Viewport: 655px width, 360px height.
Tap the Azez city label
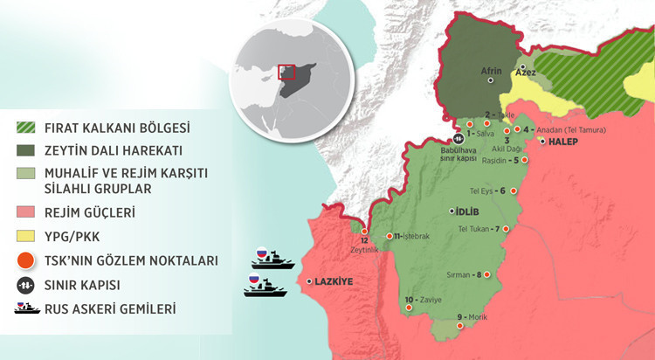tap(526, 73)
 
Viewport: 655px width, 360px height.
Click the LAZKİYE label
tap(334, 281)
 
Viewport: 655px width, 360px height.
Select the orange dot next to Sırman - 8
tap(487, 275)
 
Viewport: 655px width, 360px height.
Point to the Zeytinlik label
tap(364, 250)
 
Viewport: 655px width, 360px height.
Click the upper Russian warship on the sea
tap(270, 258)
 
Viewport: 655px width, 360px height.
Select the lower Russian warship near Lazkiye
tap(265, 286)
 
